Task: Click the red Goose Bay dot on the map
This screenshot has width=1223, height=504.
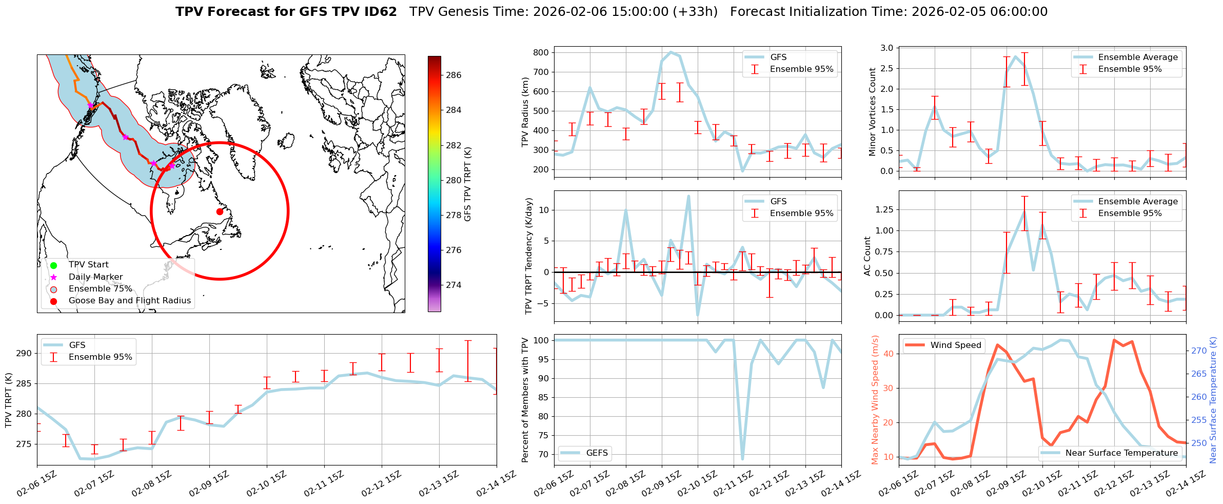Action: pyautogui.click(x=220, y=211)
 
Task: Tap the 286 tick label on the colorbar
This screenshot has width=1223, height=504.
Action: pyautogui.click(x=453, y=75)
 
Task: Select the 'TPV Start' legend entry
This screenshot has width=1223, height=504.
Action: pyautogui.click(x=88, y=265)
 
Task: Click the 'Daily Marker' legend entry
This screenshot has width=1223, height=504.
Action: pyautogui.click(x=95, y=277)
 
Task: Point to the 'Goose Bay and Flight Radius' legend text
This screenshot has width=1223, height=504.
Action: pyautogui.click(x=129, y=301)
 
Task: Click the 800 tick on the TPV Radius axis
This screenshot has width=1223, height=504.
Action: pyautogui.click(x=541, y=52)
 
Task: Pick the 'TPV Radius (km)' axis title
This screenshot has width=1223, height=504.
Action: pyautogui.click(x=525, y=112)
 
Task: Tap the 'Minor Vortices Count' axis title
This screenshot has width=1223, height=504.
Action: pyautogui.click(x=873, y=112)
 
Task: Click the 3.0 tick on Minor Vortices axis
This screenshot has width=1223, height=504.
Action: pyautogui.click(x=887, y=48)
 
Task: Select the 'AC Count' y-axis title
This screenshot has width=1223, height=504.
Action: pyautogui.click(x=867, y=256)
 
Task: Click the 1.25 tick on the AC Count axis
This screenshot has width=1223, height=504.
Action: pyautogui.click(x=883, y=209)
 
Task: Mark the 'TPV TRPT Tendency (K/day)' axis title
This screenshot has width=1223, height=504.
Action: pyautogui.click(x=529, y=256)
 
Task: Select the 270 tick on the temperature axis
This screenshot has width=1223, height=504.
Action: pyautogui.click(x=1199, y=351)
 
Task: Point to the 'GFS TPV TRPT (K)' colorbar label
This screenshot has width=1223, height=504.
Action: pyautogui.click(x=467, y=184)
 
